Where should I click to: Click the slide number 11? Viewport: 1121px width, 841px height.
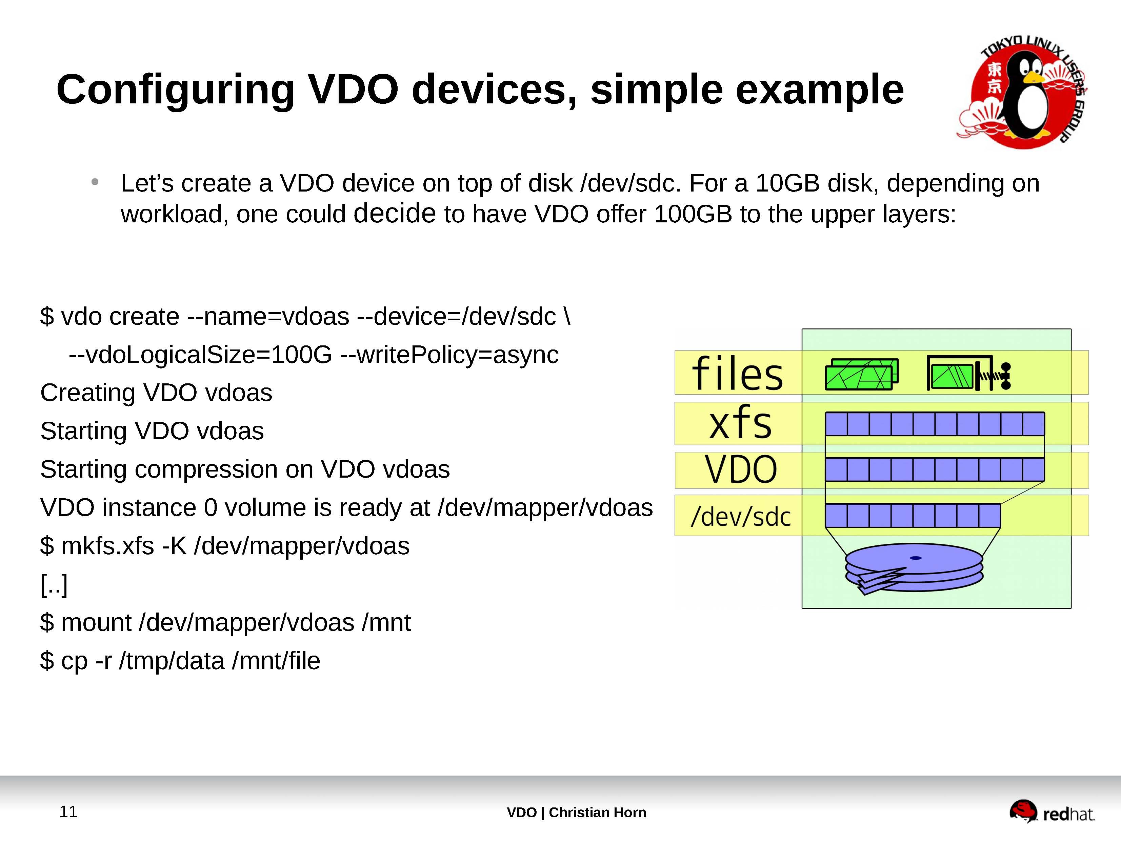68,812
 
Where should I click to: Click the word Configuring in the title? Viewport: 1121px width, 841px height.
175,90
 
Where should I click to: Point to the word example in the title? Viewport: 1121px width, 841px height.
819,90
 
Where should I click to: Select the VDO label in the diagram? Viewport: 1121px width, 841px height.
740,469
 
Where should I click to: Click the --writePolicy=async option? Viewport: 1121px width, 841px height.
449,355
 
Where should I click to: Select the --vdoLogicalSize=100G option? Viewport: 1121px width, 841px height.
200,355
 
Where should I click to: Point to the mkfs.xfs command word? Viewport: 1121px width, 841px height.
107,546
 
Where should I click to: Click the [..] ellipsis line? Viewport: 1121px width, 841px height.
54,585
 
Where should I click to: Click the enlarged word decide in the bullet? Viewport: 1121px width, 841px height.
394,213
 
